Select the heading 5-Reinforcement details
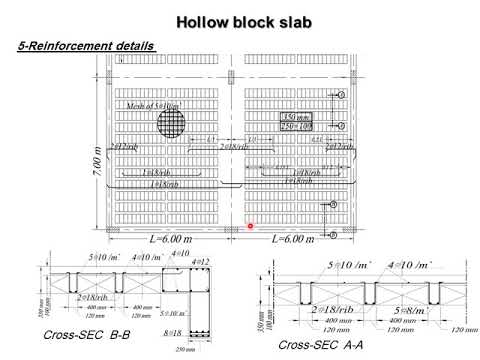point(86,46)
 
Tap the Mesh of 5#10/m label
point(153,105)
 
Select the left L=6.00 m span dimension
point(170,239)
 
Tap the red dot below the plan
point(250,226)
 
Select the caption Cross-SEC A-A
point(313,344)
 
